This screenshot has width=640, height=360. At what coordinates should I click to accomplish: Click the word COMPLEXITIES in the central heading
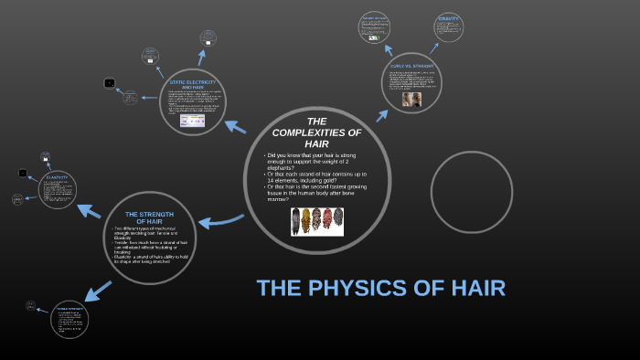tap(316, 132)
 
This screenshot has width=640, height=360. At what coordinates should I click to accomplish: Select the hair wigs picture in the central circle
tap(317, 221)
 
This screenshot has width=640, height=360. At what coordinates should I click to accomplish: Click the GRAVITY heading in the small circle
tap(448, 18)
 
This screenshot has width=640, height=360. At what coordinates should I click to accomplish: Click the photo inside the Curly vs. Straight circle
tap(411, 99)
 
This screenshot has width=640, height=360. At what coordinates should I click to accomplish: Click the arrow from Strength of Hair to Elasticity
tap(89, 210)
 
